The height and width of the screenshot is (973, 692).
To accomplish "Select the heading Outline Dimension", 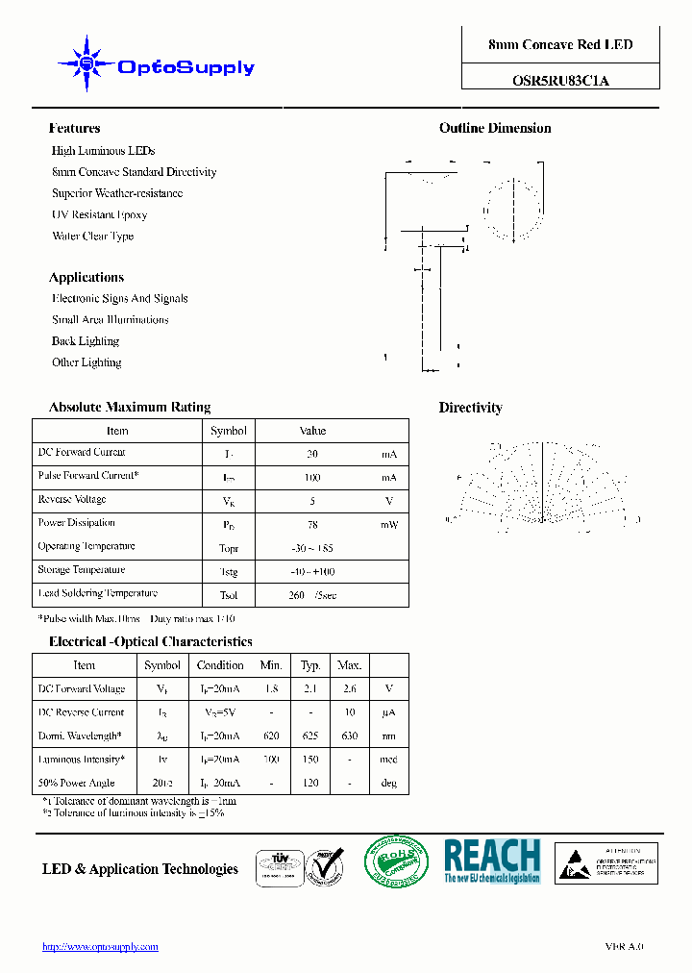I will tap(495, 129).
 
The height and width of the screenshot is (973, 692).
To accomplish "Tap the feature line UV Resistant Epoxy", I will tap(99, 215).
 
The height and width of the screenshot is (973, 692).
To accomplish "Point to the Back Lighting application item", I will tap(86, 341).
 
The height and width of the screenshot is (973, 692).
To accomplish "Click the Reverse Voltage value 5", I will tap(312, 501).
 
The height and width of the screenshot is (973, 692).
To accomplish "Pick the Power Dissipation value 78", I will tap(312, 525).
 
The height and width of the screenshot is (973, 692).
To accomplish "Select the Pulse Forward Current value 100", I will tap(312, 478).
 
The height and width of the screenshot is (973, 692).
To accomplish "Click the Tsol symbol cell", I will tap(229, 595).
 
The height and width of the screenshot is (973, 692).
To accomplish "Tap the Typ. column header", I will tap(310, 665).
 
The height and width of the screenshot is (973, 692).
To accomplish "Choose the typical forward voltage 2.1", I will tap(310, 689).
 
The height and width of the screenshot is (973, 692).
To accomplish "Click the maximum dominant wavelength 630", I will tap(349, 736).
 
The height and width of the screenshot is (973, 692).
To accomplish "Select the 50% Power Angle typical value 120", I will tap(310, 784).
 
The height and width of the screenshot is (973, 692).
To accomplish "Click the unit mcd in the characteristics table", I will tap(388, 760).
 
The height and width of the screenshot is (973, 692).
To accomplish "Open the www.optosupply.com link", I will tap(100, 947).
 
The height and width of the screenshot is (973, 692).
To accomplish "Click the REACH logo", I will tap(492, 861).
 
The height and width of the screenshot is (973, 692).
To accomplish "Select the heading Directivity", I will tap(471, 409).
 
